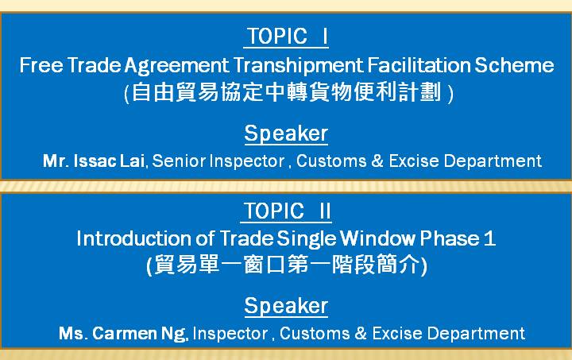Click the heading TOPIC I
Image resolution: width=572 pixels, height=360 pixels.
[286, 37]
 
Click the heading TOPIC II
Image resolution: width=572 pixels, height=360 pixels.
[286, 211]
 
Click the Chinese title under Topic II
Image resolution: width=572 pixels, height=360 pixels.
[286, 266]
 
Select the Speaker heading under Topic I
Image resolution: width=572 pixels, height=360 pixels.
[286, 134]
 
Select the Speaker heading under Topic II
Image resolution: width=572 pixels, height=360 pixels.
[286, 306]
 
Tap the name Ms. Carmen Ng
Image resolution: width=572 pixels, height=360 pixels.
[122, 334]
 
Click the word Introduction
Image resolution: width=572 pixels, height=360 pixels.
[126, 238]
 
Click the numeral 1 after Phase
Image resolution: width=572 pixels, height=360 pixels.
[489, 238]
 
